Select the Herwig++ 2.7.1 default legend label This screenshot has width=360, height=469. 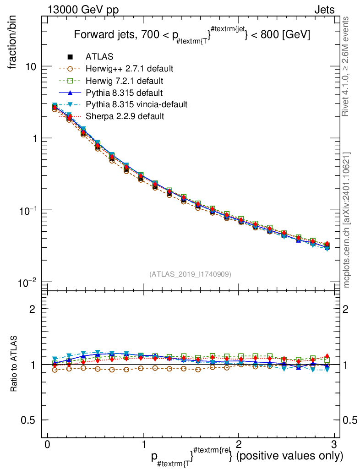tap(129, 69)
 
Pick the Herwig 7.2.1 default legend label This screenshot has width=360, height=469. tap(125, 81)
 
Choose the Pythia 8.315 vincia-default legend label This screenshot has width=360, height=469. tap(136, 104)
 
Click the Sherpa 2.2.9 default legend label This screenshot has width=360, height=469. tap(125, 116)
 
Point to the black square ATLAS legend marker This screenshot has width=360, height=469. tap(70, 57)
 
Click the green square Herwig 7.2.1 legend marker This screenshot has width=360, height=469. tap(70, 81)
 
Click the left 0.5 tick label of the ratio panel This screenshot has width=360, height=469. tap(30, 420)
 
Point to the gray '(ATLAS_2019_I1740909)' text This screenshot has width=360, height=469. tap(190, 274)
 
